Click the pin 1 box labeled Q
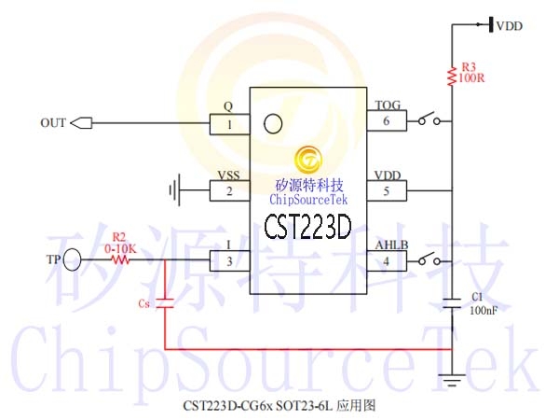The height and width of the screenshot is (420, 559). pyautogui.click(x=229, y=124)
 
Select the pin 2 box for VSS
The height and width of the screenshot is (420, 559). pyautogui.click(x=229, y=190)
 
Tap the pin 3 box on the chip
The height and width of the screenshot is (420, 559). pyautogui.click(x=229, y=260)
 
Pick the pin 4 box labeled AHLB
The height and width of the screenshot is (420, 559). pyautogui.click(x=387, y=261)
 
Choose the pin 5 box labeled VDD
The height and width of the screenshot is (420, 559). pyautogui.click(x=387, y=191)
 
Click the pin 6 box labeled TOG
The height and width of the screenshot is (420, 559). pyautogui.click(x=387, y=120)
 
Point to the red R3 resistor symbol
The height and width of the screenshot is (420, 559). pyautogui.click(x=452, y=76)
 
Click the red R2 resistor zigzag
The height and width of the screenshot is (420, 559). pyautogui.click(x=121, y=259)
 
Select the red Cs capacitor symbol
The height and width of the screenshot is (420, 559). pyautogui.click(x=165, y=302)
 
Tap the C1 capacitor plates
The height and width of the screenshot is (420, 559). pyautogui.click(x=452, y=302)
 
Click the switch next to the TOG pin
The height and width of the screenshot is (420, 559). pyautogui.click(x=429, y=119)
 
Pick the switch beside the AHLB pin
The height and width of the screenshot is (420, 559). pyautogui.click(x=429, y=259)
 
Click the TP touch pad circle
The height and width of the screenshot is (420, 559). pyautogui.click(x=72, y=259)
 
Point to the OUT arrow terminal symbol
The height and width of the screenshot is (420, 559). pyautogui.click(x=81, y=123)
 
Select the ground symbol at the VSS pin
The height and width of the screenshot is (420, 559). pyautogui.click(x=175, y=190)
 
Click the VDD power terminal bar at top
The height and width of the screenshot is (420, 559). pyautogui.click(x=491, y=24)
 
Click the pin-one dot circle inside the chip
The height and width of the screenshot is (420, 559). pyautogui.click(x=273, y=123)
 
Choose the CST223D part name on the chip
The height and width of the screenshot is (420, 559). pyautogui.click(x=307, y=227)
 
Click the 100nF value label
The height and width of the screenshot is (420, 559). pyautogui.click(x=484, y=311)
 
